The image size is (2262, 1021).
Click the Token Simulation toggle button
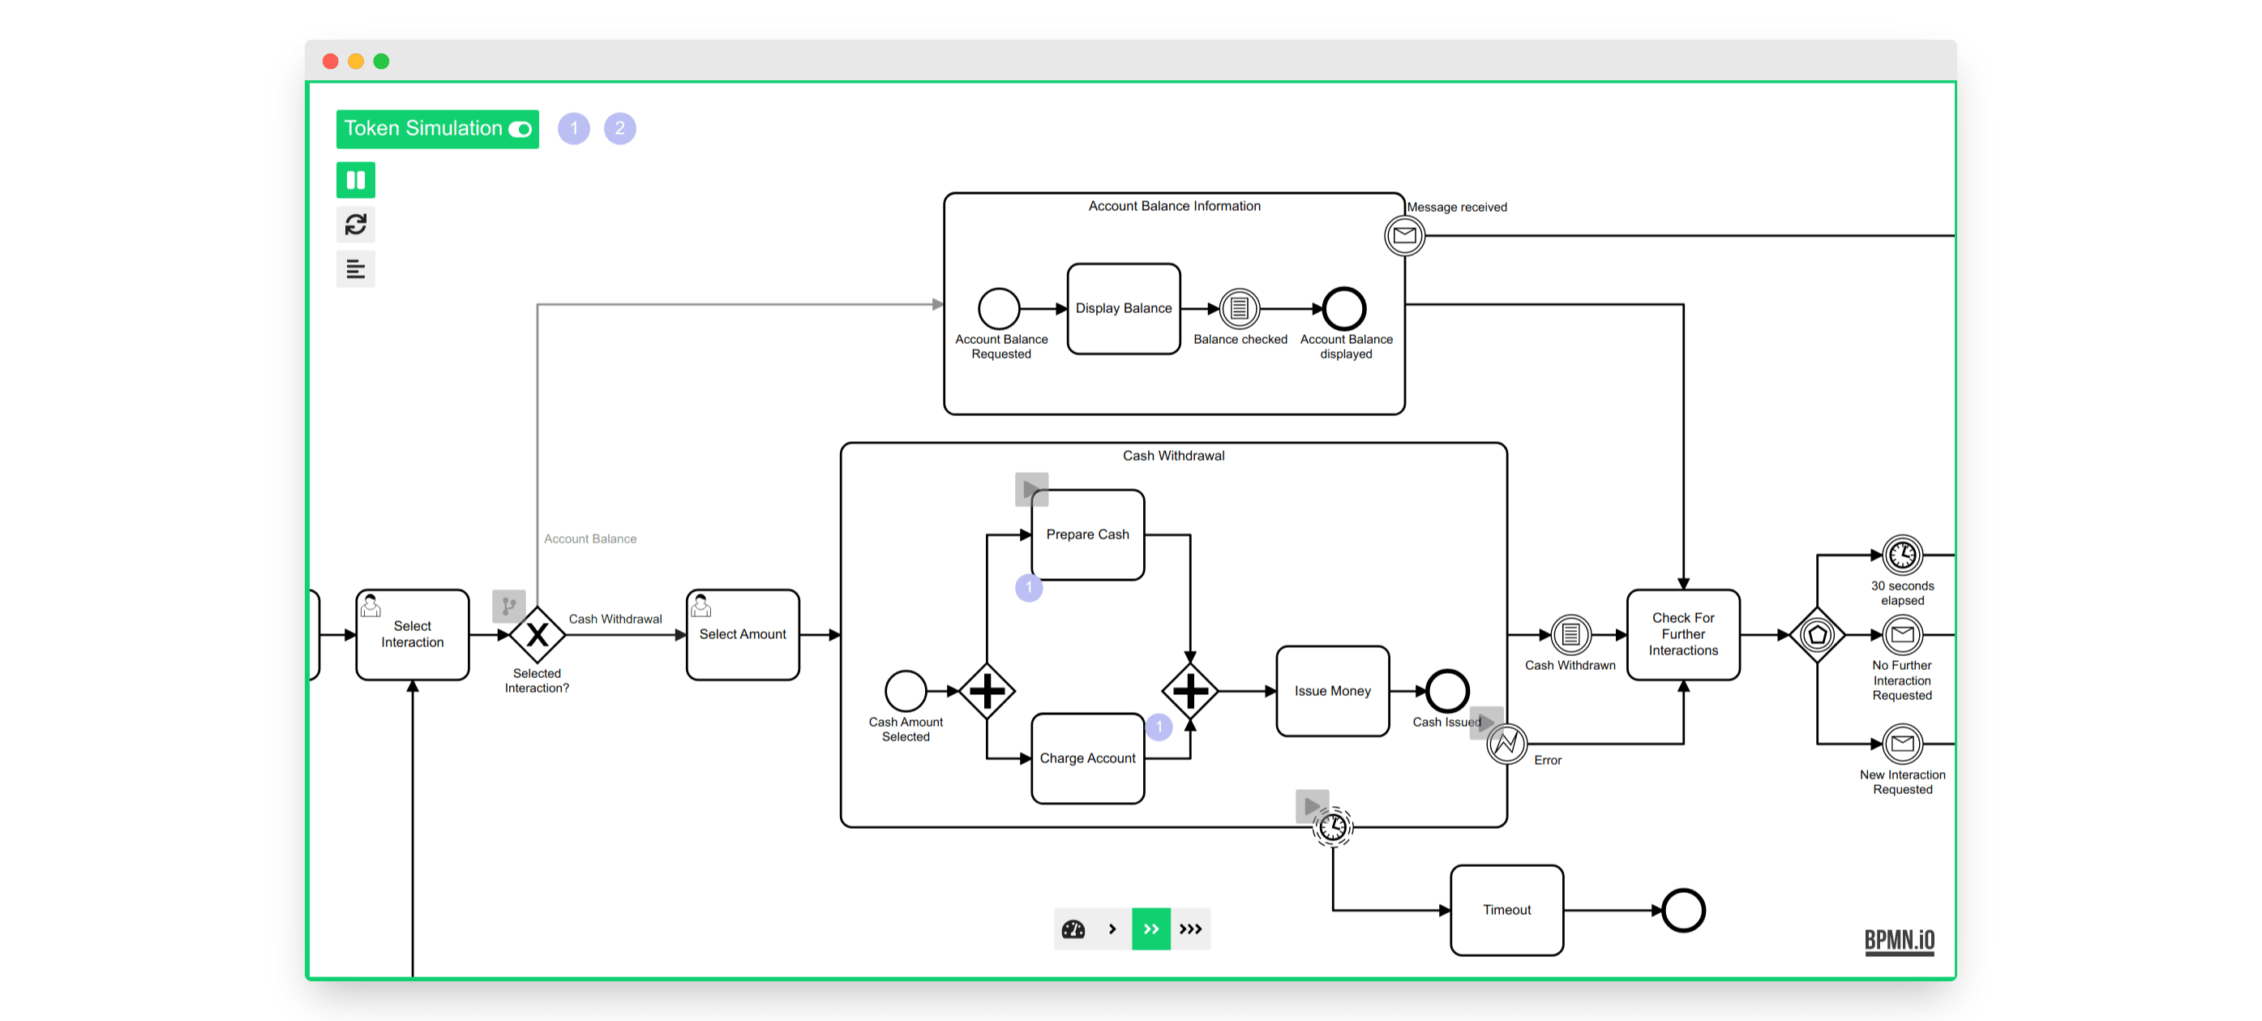point(436,129)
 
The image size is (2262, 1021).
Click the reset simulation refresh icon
point(356,225)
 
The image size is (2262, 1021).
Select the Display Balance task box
point(1123,308)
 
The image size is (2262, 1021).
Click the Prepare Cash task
point(1087,534)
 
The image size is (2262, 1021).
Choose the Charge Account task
point(1087,757)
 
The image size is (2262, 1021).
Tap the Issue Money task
point(1331,691)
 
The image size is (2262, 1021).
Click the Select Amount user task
point(742,634)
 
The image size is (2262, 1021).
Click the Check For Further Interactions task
point(1682,634)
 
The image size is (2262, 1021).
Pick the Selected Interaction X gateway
point(538,634)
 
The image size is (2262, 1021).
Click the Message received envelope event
point(1404,235)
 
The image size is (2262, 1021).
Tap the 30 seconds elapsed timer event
point(1902,555)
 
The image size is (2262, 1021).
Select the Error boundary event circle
point(1506,744)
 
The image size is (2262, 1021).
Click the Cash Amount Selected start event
point(906,691)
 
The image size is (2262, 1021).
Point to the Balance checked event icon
point(1239,308)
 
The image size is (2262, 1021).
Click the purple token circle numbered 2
point(620,129)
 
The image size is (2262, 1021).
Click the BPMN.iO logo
point(1900,940)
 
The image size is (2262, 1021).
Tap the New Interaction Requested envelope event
point(1902,744)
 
